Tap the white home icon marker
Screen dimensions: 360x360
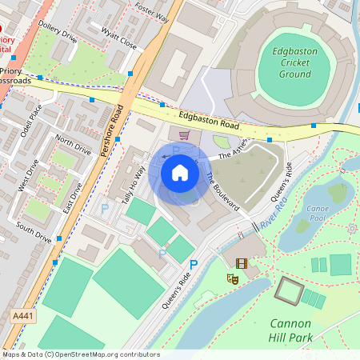(180, 172)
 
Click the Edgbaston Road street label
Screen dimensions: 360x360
(210, 121)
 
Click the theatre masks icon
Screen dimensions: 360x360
(234, 278)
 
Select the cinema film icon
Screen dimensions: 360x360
(242, 262)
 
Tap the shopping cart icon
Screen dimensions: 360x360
(184, 135)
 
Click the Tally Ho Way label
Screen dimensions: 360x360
(134, 186)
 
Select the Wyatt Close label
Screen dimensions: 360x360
(118, 39)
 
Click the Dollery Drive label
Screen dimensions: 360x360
(57, 32)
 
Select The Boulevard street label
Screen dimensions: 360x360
(222, 191)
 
